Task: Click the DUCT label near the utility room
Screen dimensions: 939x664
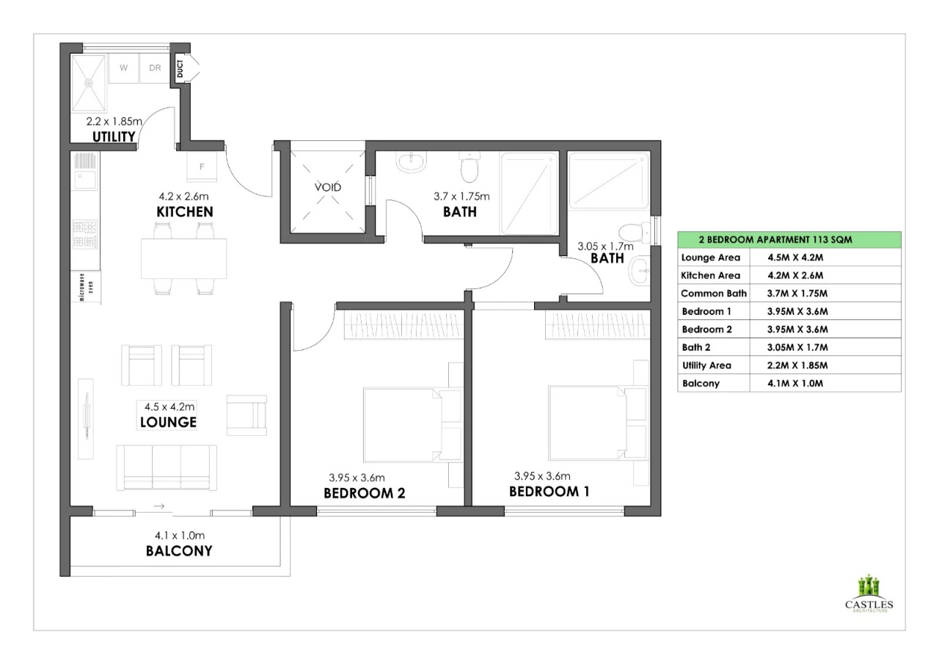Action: (x=180, y=68)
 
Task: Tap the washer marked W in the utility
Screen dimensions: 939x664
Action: (x=124, y=68)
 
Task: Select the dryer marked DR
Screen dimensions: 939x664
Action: (x=155, y=68)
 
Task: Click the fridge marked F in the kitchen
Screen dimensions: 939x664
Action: (x=202, y=167)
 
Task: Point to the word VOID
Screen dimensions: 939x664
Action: (x=328, y=187)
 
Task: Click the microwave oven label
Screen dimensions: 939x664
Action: (x=87, y=287)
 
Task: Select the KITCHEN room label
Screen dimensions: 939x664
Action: (x=185, y=212)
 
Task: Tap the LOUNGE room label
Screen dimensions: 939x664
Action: (x=168, y=422)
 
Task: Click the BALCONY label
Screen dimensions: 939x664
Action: (x=179, y=551)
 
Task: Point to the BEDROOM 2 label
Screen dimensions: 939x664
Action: (x=365, y=493)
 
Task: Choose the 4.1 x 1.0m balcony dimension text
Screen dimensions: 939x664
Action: (x=180, y=536)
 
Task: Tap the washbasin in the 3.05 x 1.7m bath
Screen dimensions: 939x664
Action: (x=639, y=271)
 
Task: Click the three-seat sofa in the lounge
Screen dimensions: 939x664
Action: (x=167, y=467)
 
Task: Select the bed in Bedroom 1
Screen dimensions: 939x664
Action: (x=588, y=423)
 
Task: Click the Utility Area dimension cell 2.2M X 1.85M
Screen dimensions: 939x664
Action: (x=797, y=365)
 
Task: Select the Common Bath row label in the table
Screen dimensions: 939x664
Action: (x=714, y=293)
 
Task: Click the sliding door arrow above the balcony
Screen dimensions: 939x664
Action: (x=159, y=506)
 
